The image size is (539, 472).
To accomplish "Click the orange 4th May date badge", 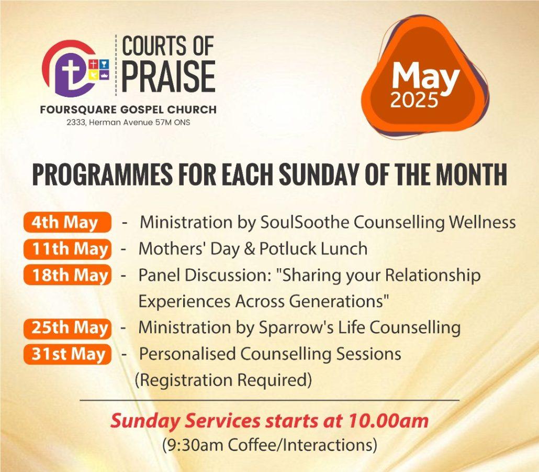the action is point(68,222).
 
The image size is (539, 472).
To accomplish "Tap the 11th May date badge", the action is point(68,249).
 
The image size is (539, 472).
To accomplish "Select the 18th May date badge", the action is point(68,275).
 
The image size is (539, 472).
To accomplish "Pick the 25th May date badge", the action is point(68,328).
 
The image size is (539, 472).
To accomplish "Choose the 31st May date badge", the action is point(68,354).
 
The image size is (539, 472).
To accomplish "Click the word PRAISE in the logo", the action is point(169,76).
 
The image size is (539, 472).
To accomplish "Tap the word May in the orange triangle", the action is point(425,77).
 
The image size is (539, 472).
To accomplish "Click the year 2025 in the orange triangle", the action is point(414,101).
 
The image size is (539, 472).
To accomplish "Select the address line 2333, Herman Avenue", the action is point(128,122).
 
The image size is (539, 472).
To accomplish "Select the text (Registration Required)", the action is point(223,380).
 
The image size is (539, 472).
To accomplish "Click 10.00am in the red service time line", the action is point(389,421).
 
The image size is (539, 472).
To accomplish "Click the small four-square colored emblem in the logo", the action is point(99,70).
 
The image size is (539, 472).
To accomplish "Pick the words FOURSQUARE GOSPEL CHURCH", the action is point(128,109).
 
